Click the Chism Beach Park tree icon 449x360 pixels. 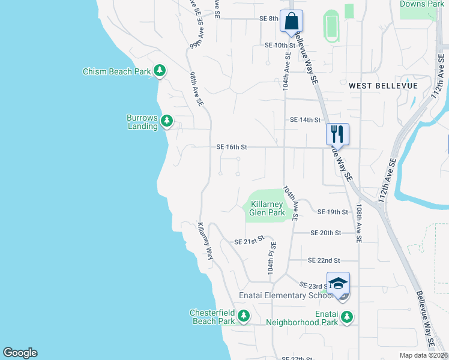[x=160, y=71]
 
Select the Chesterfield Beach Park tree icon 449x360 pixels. [x=243, y=316]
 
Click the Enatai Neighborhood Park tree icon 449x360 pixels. [x=346, y=316]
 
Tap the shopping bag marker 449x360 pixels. [x=291, y=21]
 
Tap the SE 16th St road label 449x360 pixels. [x=232, y=147]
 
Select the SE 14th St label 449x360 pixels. [x=305, y=120]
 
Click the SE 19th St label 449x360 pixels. [x=333, y=212]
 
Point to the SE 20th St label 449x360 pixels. [x=326, y=233]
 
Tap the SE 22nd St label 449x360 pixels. [x=324, y=260]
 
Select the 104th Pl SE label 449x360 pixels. [x=273, y=254]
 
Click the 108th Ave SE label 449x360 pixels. [x=359, y=222]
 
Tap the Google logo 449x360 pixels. [x=20, y=353]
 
